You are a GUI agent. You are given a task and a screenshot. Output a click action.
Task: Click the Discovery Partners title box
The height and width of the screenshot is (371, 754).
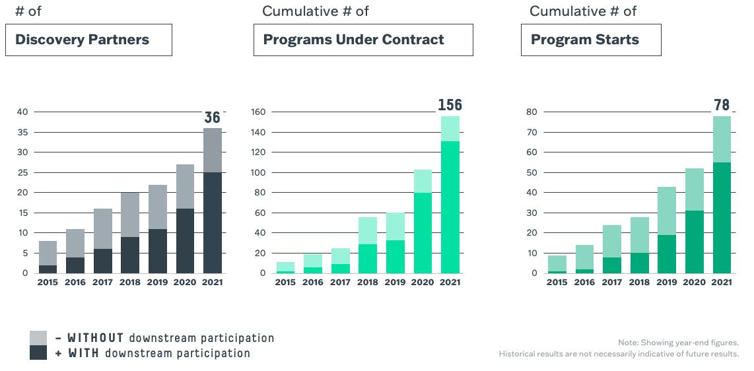(x=88, y=40)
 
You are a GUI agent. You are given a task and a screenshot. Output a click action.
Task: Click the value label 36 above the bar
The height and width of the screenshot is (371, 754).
(x=212, y=118)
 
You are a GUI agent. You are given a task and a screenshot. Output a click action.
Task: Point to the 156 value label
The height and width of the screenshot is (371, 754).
(x=450, y=105)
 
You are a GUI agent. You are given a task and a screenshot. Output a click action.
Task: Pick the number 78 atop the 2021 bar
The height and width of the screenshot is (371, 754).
(x=722, y=105)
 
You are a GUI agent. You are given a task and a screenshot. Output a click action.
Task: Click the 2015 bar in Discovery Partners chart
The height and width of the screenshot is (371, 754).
(x=48, y=257)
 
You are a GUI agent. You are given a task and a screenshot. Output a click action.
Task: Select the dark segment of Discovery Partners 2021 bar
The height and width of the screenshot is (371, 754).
(x=213, y=223)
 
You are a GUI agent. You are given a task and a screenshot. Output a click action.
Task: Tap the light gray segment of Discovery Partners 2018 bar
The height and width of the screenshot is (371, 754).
(x=130, y=215)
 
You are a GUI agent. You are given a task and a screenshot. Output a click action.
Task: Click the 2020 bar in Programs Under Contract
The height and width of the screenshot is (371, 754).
(x=423, y=222)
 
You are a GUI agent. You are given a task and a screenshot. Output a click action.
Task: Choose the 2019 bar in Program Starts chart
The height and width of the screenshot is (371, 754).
(x=667, y=230)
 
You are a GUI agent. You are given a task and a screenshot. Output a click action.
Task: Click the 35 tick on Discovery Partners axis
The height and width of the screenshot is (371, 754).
(x=24, y=132)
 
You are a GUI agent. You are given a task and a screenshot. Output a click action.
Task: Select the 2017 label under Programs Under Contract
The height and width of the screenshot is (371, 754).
(x=341, y=283)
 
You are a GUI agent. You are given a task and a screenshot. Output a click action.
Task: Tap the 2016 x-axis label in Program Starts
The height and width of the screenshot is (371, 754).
(x=585, y=283)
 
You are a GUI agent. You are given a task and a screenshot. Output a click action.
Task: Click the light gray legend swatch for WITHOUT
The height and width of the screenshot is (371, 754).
(x=38, y=338)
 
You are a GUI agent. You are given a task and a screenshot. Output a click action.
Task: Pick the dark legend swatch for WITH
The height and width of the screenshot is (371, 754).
(x=38, y=353)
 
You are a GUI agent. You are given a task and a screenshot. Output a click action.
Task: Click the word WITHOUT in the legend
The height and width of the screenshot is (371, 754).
(x=95, y=338)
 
